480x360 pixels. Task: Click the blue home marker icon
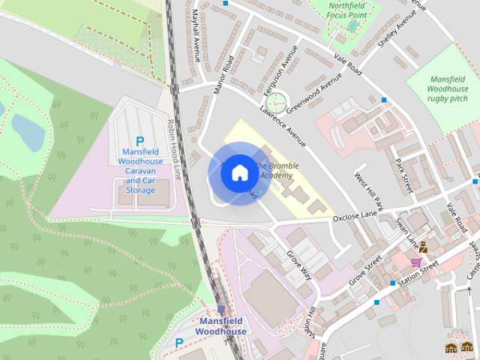click(238, 173)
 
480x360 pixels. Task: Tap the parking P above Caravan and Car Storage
click(139, 141)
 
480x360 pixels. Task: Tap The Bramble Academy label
click(276, 170)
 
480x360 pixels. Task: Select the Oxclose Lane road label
click(354, 217)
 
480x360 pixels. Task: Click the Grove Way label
click(298, 263)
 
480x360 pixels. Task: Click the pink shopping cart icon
click(415, 262)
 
